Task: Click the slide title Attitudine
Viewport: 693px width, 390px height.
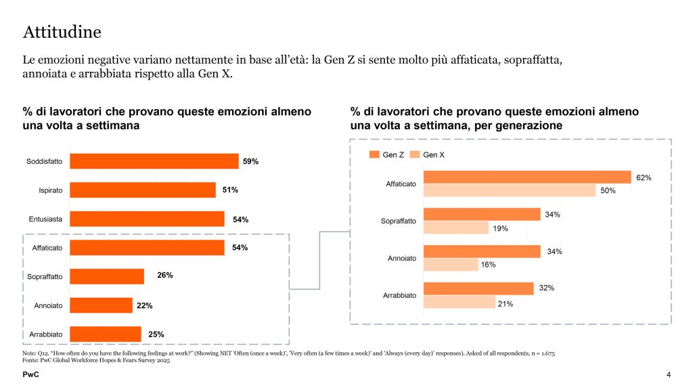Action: [x=62, y=32]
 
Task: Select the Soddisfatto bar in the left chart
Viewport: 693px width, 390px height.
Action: [x=154, y=161]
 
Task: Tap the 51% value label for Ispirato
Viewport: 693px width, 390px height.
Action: [x=230, y=190]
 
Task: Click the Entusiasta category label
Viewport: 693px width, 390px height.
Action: [x=45, y=219]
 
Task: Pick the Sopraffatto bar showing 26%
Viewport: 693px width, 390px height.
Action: [x=107, y=276]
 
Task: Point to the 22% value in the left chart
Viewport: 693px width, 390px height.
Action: [x=144, y=305]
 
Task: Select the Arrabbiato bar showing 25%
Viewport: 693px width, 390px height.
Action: [x=106, y=334]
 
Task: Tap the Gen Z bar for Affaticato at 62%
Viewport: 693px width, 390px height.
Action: [x=527, y=177]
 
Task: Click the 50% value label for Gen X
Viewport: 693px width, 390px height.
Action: [x=607, y=191]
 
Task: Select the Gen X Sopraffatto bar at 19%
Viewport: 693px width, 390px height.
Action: [x=455, y=228]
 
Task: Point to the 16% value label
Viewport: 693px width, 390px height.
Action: [x=489, y=265]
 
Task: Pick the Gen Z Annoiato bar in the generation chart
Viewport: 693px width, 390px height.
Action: [x=482, y=252]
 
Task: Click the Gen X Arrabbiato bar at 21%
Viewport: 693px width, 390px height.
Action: [x=459, y=303]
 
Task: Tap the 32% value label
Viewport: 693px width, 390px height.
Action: [x=547, y=288]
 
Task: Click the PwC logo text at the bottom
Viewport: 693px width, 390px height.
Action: [x=30, y=374]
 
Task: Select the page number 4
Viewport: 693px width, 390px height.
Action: [x=669, y=375]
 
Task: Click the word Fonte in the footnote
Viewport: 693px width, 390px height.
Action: [x=31, y=361]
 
